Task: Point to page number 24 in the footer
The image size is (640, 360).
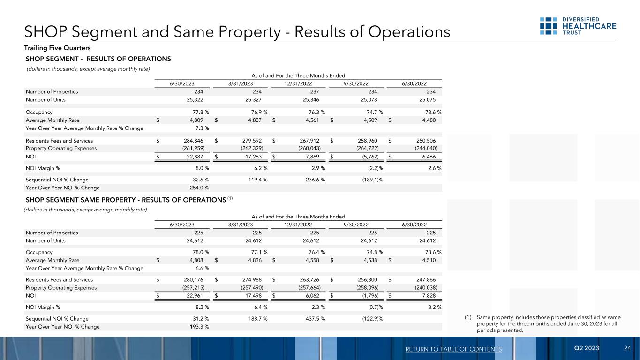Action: tap(627, 348)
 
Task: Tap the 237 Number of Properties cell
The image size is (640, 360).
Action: tap(315, 91)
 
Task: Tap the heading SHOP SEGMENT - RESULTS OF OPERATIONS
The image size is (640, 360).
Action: tap(98, 59)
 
